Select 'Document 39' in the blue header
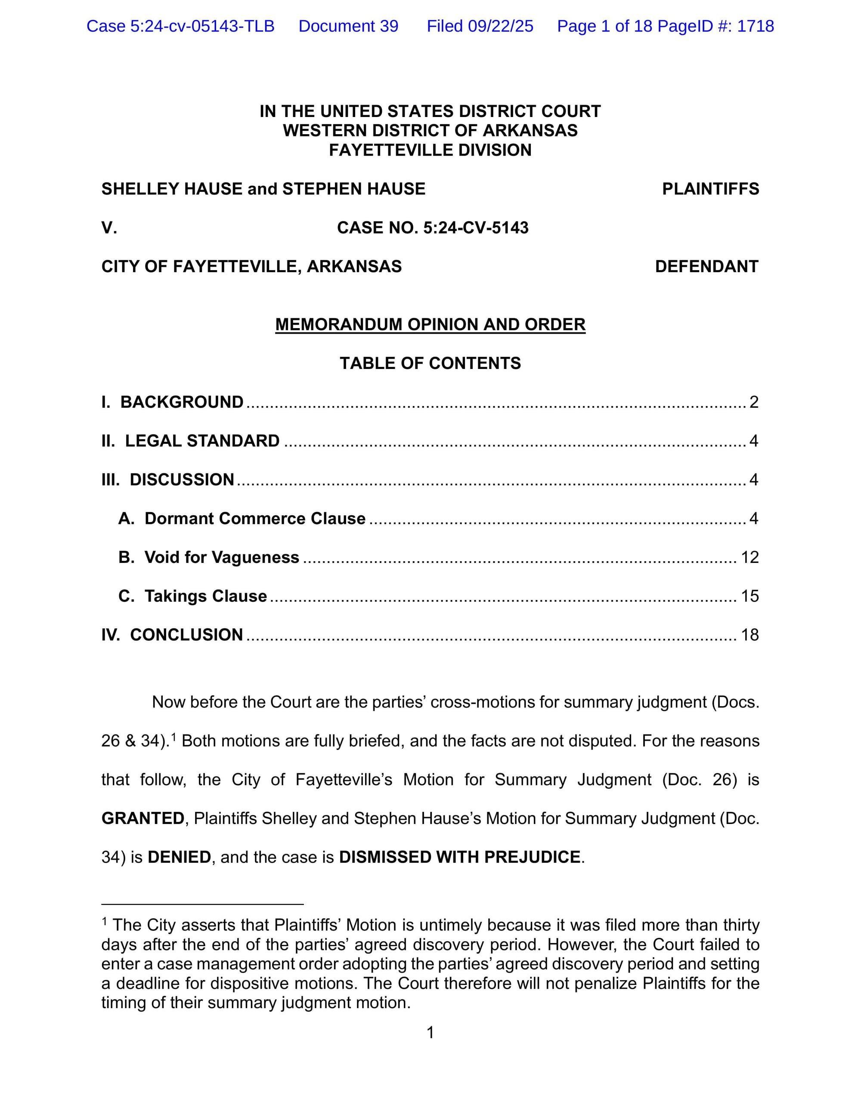348,26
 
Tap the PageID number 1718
755,26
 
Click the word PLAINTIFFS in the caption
710,189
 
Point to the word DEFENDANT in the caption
706,267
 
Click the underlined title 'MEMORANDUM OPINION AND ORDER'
430,325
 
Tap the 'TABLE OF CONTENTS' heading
430,363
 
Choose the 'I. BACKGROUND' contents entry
172,402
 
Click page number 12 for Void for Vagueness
750,557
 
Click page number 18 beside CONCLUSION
750,634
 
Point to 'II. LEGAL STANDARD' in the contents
190,441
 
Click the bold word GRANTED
142,818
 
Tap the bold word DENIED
179,857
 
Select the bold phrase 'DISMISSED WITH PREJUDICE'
460,857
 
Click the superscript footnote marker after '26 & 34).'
173,736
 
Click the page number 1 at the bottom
430,1033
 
